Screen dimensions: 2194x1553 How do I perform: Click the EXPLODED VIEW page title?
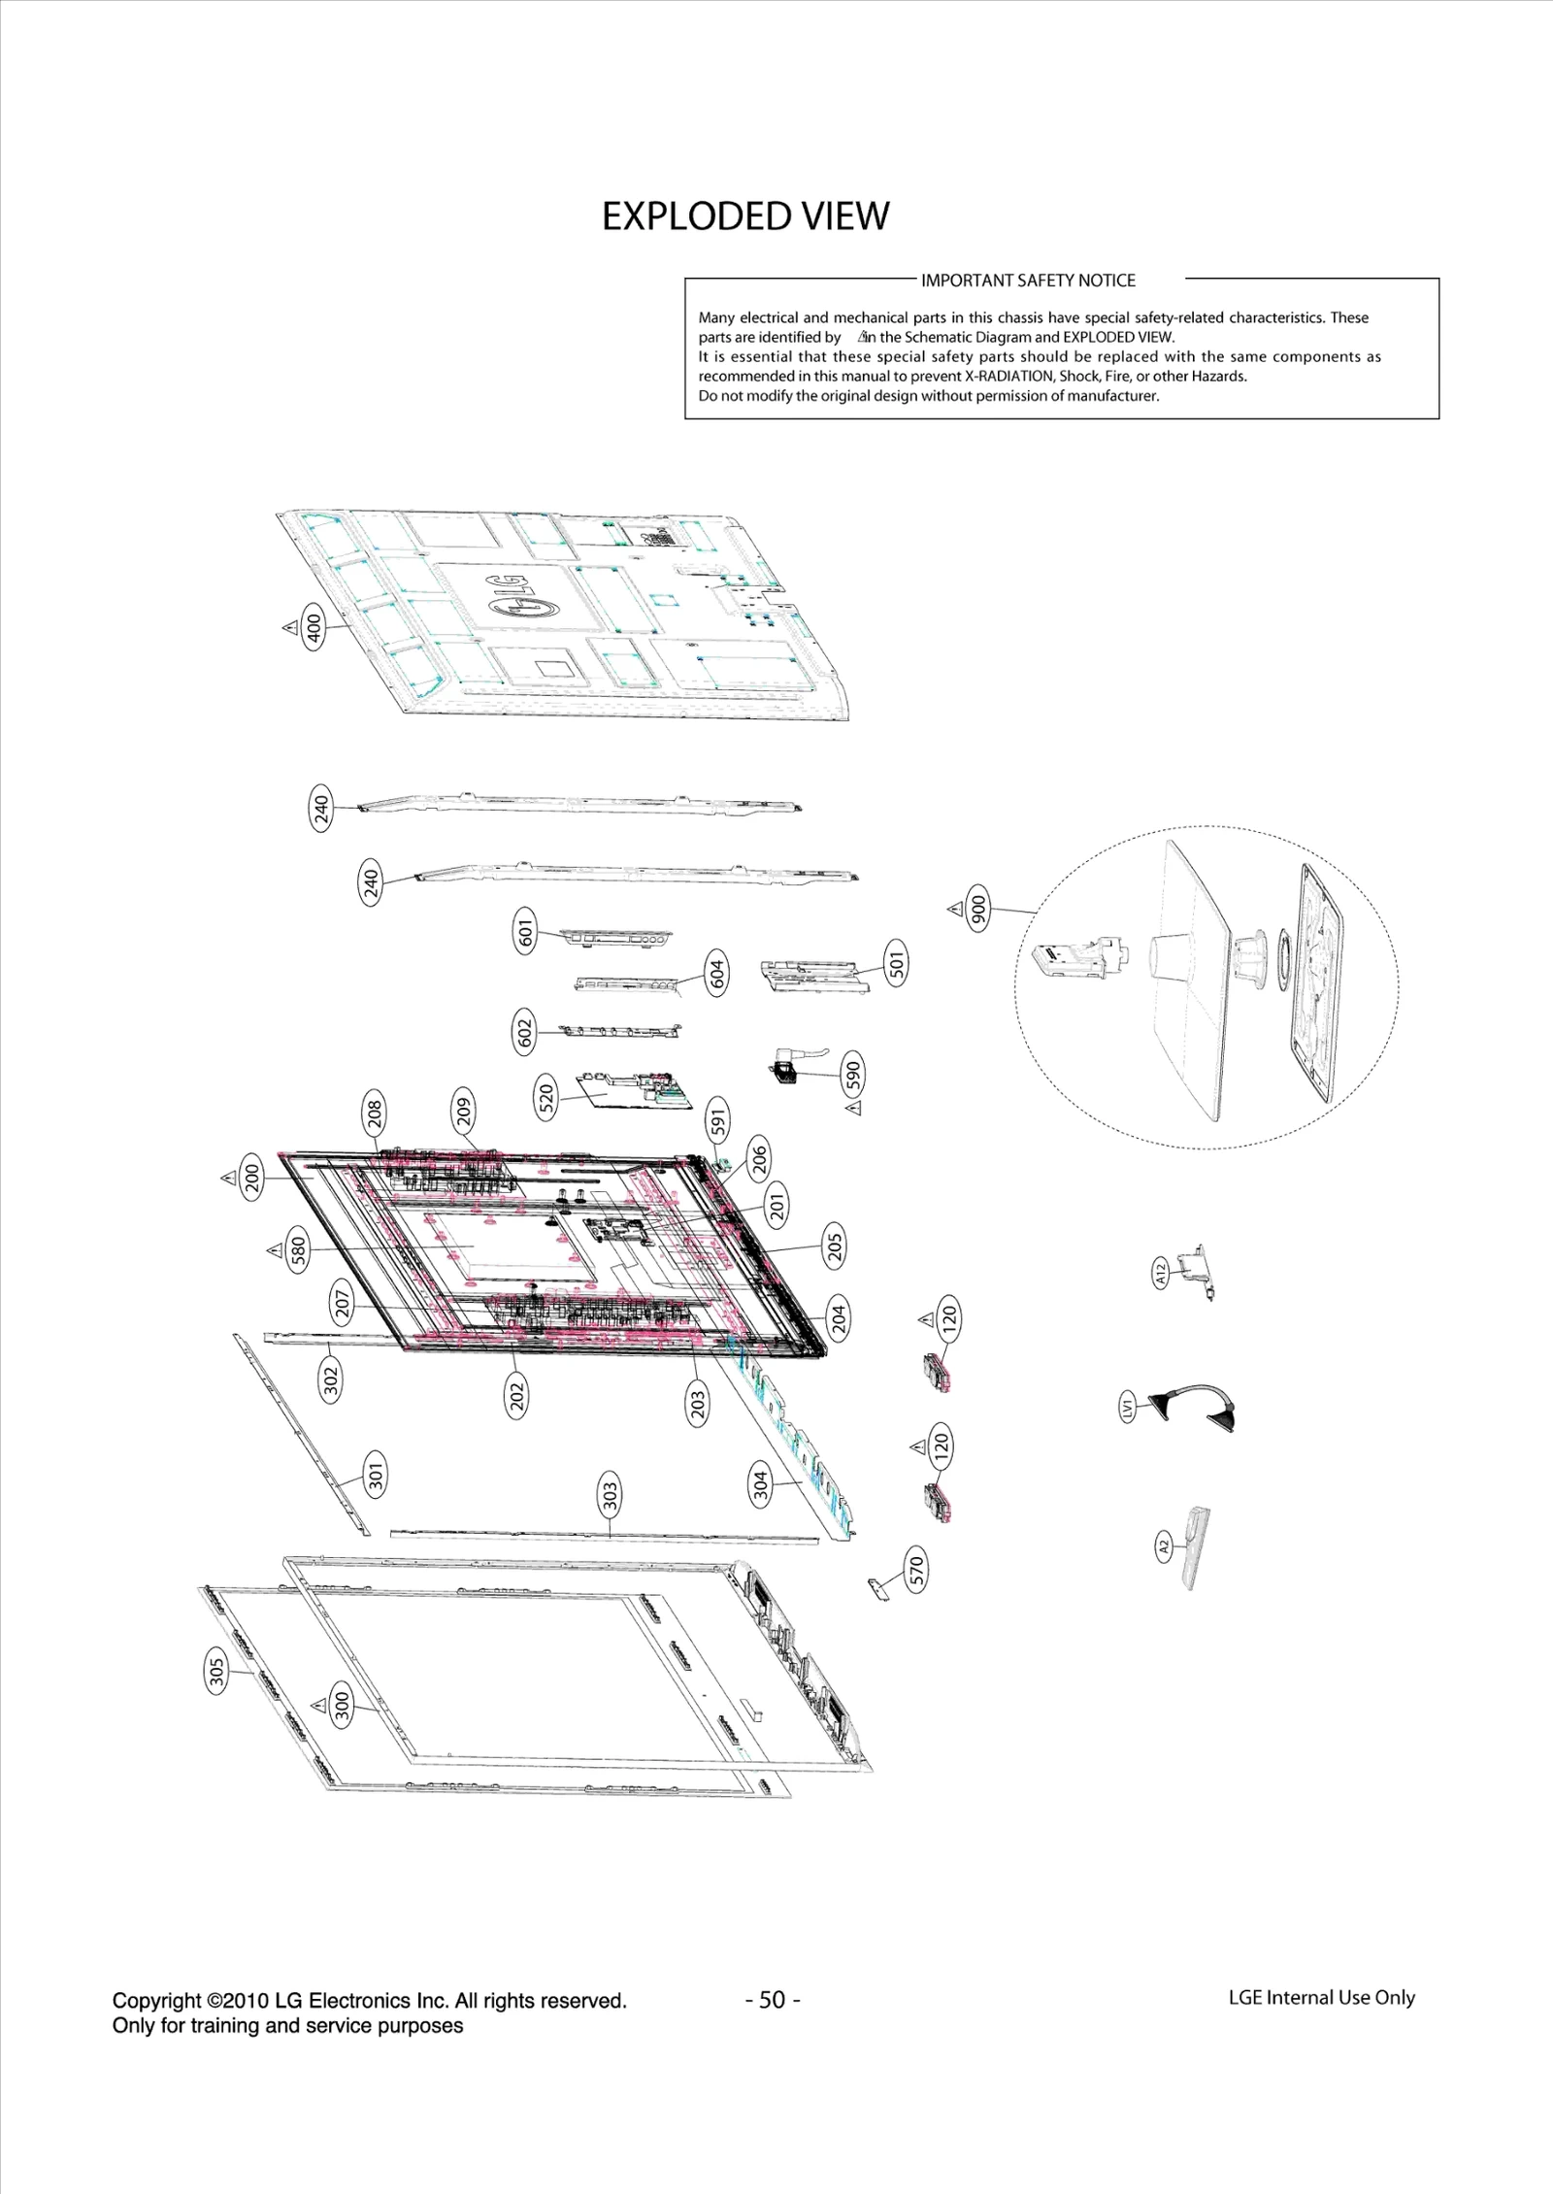[x=744, y=216]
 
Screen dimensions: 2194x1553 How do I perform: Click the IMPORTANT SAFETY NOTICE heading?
[x=1027, y=281]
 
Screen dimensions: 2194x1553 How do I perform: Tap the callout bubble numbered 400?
[x=314, y=627]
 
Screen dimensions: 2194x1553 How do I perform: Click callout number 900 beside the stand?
[x=978, y=909]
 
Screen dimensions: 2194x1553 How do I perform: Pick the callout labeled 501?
[x=896, y=963]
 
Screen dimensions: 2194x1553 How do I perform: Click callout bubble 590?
[x=852, y=1075]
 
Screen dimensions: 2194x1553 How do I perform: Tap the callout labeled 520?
[x=545, y=1098]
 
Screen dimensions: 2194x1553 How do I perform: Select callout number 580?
[x=298, y=1249]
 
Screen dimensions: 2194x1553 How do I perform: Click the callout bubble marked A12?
[x=1161, y=1271]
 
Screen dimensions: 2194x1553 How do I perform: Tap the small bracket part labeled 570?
[x=878, y=1589]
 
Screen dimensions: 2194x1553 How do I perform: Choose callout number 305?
[x=216, y=1671]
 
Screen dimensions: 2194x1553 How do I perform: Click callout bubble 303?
[x=610, y=1494]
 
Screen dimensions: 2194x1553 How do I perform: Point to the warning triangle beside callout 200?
[x=229, y=1178]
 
